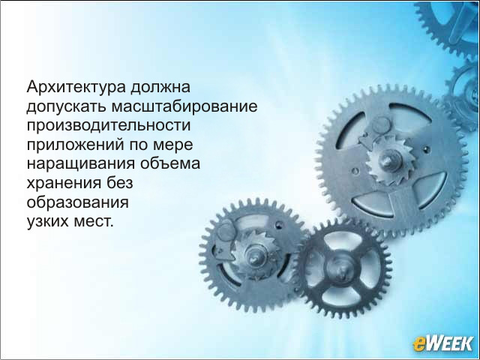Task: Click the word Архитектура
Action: pyautogui.click(x=76, y=88)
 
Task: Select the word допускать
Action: pyautogui.click(x=66, y=107)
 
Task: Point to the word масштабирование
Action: pyautogui.click(x=184, y=106)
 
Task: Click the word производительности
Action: pyautogui.click(x=108, y=126)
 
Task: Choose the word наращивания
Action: pyautogui.click(x=81, y=164)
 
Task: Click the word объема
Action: pyautogui.click(x=170, y=163)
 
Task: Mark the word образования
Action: pyautogui.click(x=77, y=202)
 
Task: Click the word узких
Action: pyautogui.click(x=47, y=222)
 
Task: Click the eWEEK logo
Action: pyautogui.click(x=442, y=343)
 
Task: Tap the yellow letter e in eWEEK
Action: pyautogui.click(x=418, y=343)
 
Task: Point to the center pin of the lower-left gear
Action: pyautogui.click(x=254, y=256)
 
